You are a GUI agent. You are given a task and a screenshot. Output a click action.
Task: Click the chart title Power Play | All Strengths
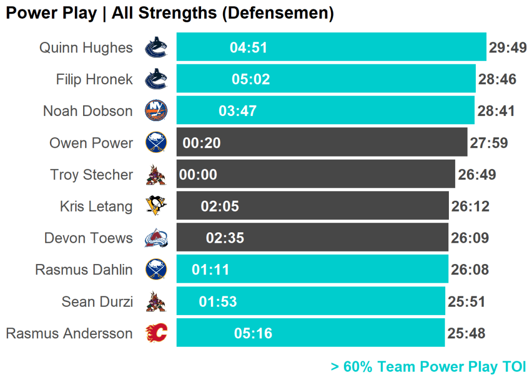169,14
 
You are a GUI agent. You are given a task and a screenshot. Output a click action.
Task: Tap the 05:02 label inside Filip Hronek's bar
251,80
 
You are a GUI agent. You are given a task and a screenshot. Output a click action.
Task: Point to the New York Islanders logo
156,111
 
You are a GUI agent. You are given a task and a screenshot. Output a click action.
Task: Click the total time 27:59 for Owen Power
488,143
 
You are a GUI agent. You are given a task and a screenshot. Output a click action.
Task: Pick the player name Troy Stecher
91,175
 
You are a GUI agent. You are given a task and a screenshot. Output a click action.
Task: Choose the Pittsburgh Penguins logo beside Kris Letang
156,206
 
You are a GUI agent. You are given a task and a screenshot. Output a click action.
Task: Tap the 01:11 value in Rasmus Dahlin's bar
210,270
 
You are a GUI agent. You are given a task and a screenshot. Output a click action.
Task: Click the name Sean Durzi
97,302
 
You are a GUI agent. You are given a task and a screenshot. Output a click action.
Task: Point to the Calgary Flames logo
156,333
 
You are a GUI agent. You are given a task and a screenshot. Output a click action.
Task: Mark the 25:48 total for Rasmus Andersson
466,333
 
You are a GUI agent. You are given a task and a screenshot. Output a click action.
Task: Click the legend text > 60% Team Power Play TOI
428,367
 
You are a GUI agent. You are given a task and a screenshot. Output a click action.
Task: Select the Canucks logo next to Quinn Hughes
156,48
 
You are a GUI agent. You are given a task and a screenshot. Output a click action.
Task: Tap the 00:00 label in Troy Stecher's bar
198,175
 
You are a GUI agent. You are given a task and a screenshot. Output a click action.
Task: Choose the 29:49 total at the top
508,48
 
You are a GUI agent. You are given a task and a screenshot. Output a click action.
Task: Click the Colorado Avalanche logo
156,238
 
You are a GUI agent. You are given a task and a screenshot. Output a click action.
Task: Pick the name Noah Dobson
88,111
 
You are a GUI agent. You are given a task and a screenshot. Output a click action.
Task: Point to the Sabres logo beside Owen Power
156,143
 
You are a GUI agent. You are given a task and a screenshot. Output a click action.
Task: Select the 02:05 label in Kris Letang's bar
220,206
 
